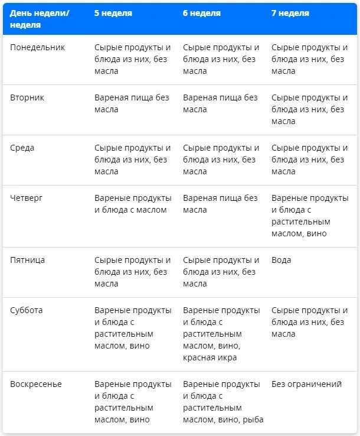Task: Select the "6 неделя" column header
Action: click(x=202, y=13)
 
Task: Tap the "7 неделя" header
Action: click(x=290, y=13)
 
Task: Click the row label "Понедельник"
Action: click(x=38, y=47)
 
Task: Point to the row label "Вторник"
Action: click(x=27, y=97)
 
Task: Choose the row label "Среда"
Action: click(x=22, y=148)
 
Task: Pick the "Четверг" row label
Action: click(x=27, y=198)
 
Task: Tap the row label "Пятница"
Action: click(x=28, y=260)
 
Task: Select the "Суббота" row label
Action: click(x=27, y=310)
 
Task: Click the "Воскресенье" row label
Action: click(x=36, y=384)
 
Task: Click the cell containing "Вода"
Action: click(x=282, y=260)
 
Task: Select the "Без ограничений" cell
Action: click(x=306, y=384)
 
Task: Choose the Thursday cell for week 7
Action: click(x=309, y=216)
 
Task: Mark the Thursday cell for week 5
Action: click(x=133, y=204)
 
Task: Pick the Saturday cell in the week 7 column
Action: click(x=309, y=322)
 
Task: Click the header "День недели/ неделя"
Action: click(x=40, y=18)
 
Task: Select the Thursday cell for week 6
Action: click(x=220, y=204)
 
